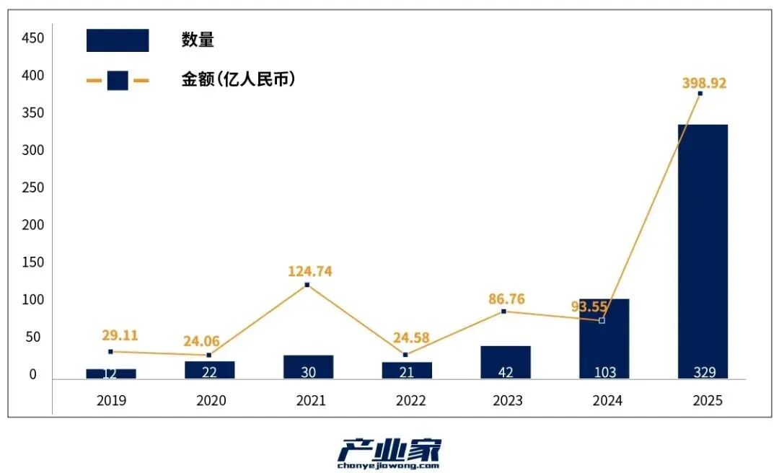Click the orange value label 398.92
(x=704, y=83)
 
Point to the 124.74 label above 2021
(x=309, y=272)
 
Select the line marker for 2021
(x=307, y=285)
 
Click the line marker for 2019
(x=110, y=352)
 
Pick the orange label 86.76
(x=506, y=299)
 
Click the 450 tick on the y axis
(x=33, y=37)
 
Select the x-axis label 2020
(x=211, y=400)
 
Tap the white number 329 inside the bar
(x=704, y=372)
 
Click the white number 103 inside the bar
(x=604, y=372)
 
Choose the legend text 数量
(x=198, y=40)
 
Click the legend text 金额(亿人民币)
(x=238, y=80)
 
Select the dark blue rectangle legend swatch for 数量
(x=118, y=40)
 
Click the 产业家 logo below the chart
(x=389, y=453)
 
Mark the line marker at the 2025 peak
(x=700, y=94)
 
